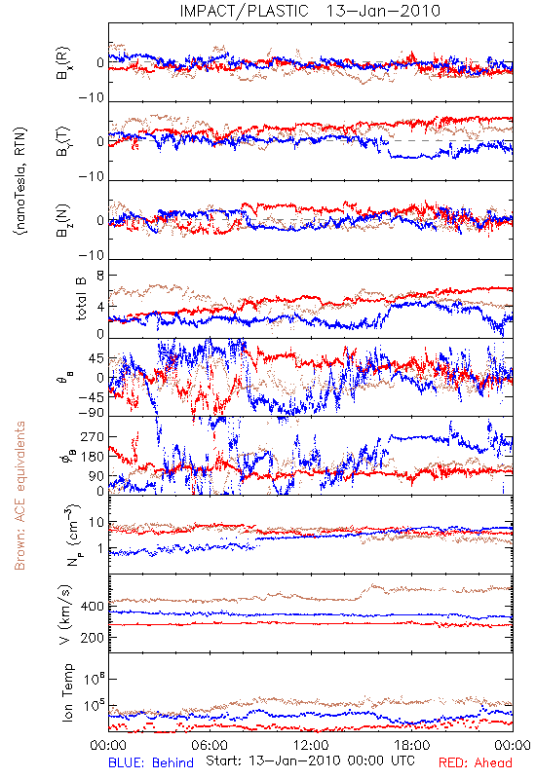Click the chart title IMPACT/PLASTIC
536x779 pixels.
click(245, 11)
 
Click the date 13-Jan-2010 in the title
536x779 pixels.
click(383, 11)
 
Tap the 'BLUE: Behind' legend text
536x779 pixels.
click(151, 762)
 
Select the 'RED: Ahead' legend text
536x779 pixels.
click(476, 762)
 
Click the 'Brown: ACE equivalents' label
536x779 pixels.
click(19, 496)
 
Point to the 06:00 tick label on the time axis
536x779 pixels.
click(210, 745)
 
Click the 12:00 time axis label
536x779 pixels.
click(311, 745)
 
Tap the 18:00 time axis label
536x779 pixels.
click(411, 745)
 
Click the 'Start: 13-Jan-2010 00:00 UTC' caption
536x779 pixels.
click(310, 760)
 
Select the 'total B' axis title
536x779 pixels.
click(81, 299)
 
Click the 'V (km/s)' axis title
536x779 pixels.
click(66, 614)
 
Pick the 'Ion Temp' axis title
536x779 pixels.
click(67, 692)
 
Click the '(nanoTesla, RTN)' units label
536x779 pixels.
click(20, 181)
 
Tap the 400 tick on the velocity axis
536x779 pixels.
click(93, 606)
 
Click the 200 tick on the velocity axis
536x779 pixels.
click(93, 638)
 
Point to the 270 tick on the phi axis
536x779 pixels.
click(93, 436)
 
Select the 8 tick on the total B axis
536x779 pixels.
click(100, 276)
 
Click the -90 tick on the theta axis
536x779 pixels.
click(91, 413)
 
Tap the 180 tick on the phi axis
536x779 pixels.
click(93, 457)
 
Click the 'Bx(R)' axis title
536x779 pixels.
click(63, 63)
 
